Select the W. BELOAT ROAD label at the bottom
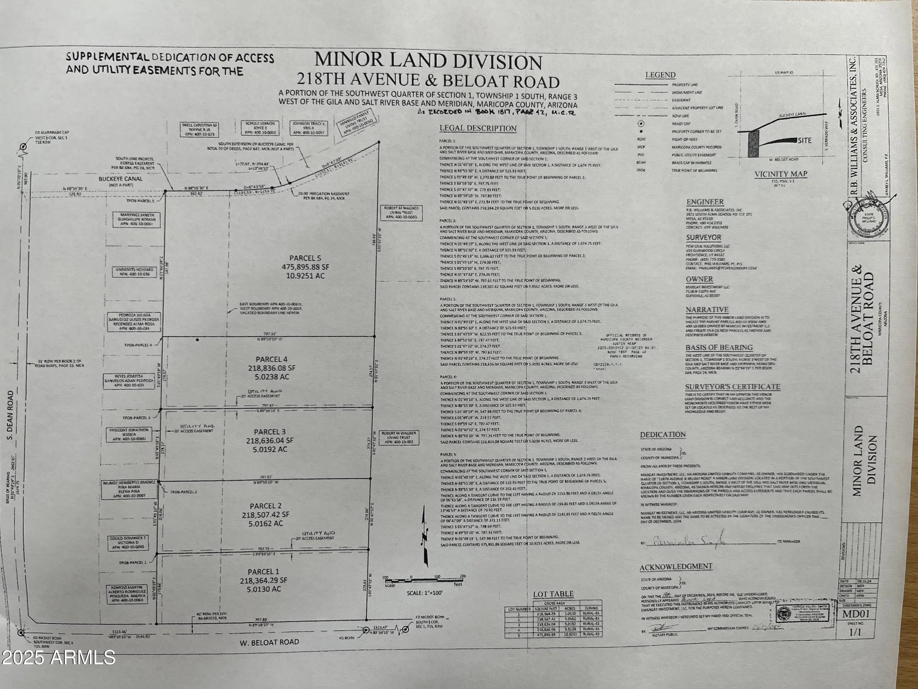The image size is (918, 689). pos(269,642)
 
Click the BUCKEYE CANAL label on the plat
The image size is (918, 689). pos(120,179)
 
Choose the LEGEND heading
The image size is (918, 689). pos(660,75)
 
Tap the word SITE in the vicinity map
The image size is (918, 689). pos(804,140)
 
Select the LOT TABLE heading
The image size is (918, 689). pos(553,594)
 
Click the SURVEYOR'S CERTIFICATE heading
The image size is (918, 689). pos(733,387)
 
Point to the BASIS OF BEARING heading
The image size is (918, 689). pos(719,347)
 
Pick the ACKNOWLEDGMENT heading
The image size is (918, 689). pos(676,567)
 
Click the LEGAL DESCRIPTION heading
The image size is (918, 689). pos(478,128)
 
